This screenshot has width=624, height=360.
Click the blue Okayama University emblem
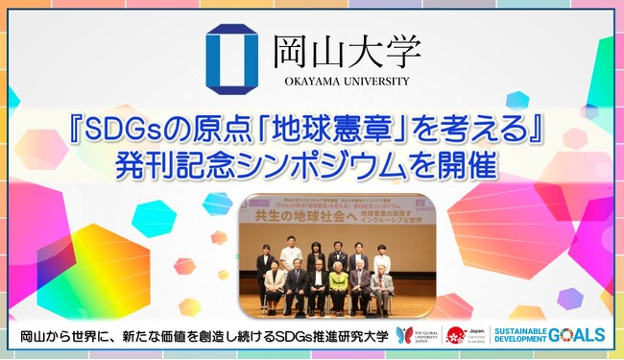(231, 59)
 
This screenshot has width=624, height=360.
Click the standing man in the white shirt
(290, 257)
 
